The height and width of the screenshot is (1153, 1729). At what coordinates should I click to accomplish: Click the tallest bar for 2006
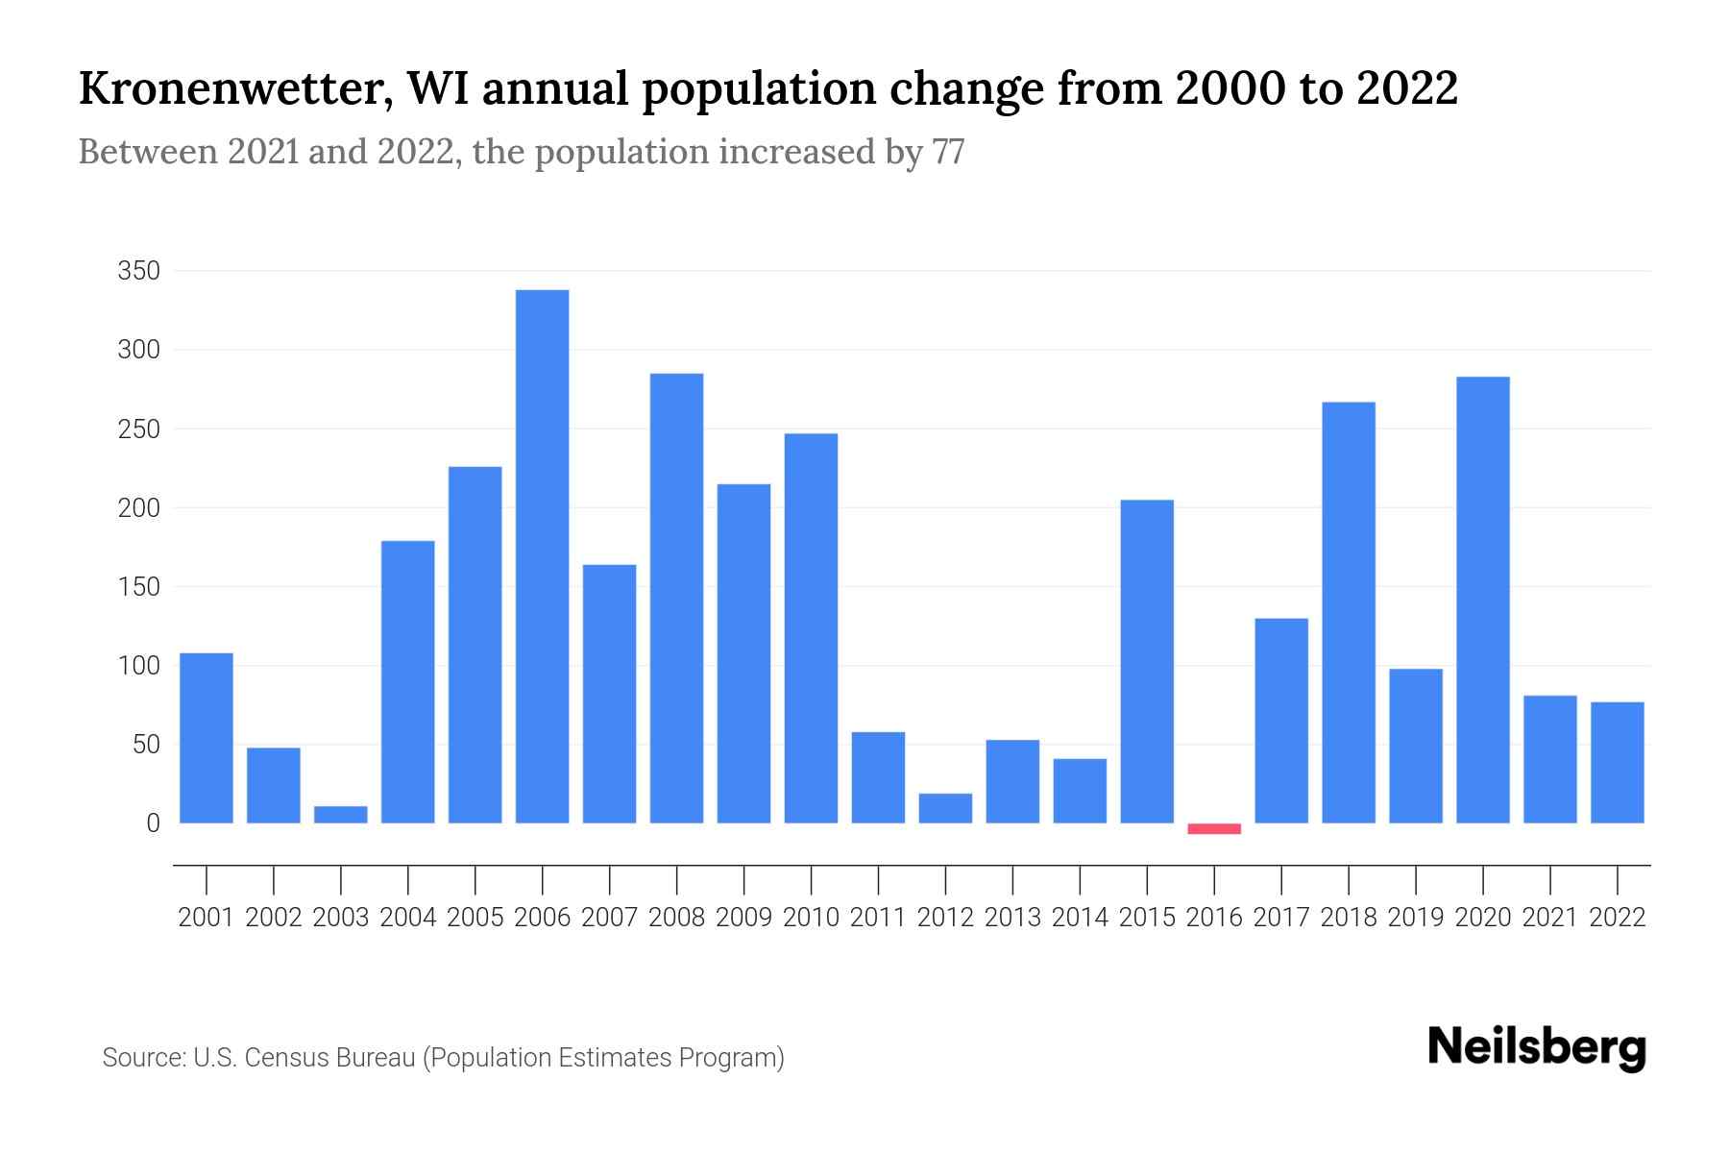542,557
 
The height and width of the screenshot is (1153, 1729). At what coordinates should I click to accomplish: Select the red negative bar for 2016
1214,828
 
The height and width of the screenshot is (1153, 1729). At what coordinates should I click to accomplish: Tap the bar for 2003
341,815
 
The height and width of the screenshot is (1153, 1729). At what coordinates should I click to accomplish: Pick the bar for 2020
1483,601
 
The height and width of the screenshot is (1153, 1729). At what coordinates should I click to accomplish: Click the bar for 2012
945,808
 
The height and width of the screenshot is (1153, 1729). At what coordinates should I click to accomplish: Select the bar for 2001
207,738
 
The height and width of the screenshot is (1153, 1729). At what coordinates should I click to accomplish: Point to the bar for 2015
1147,661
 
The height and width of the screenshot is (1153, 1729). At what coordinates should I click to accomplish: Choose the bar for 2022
1618,763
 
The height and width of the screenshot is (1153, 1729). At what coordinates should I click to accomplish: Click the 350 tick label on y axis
138,271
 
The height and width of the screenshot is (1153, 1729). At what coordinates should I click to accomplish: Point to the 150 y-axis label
138,586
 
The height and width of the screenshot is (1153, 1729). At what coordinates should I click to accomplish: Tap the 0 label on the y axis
153,823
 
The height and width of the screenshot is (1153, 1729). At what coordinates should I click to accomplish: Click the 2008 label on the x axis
676,918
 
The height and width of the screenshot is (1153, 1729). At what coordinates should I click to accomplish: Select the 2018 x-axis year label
1349,918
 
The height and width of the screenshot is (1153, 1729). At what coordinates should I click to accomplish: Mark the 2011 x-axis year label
878,918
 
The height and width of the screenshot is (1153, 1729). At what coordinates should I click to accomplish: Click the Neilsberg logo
1537,1047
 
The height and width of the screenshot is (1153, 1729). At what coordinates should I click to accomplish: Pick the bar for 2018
1349,613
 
